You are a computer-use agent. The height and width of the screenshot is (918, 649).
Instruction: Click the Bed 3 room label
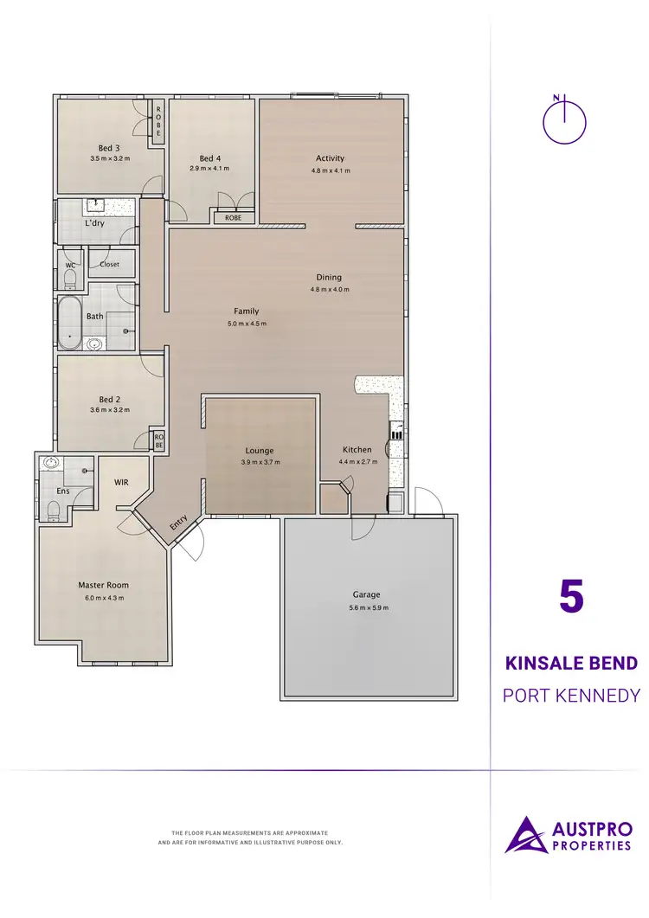(x=109, y=148)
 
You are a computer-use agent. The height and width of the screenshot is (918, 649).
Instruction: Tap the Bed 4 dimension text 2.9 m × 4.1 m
(x=210, y=170)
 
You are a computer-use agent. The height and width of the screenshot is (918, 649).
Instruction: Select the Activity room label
(x=330, y=158)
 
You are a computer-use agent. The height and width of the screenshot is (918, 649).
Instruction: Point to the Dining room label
(x=329, y=278)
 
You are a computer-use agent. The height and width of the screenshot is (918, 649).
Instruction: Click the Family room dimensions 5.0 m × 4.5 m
(x=246, y=324)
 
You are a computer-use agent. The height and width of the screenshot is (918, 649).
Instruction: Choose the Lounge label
(x=260, y=451)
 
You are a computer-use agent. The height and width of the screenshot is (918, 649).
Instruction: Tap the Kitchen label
(x=357, y=450)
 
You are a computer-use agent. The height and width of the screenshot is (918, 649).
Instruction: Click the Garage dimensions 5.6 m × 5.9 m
(x=366, y=607)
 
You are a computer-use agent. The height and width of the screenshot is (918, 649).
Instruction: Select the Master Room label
(x=103, y=586)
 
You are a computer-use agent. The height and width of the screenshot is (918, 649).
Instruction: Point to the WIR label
(x=121, y=481)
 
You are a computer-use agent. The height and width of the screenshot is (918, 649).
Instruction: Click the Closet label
(x=110, y=264)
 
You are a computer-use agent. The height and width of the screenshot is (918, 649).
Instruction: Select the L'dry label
(x=95, y=224)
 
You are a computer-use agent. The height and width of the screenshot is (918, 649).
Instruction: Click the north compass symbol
(x=564, y=120)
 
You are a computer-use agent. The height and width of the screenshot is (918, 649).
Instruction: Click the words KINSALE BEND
(x=570, y=664)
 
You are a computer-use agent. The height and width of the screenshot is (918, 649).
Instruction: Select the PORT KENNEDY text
(x=570, y=695)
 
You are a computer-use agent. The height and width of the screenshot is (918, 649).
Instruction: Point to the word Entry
(x=178, y=522)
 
